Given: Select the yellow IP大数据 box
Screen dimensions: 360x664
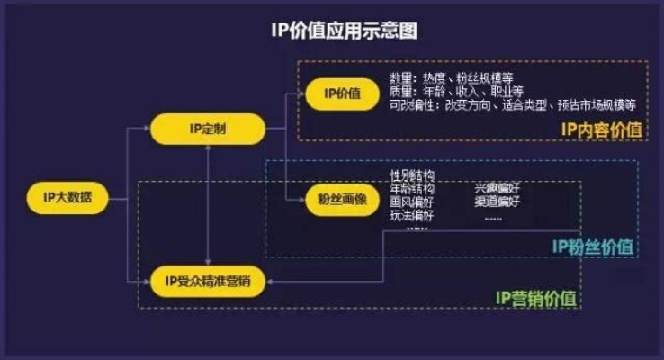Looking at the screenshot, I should click(x=74, y=197).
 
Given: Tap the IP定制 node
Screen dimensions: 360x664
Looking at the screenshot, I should click(x=208, y=130).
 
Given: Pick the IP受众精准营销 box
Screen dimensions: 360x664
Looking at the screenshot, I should click(x=208, y=281).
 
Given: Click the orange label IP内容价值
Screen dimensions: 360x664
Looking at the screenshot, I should click(x=602, y=128).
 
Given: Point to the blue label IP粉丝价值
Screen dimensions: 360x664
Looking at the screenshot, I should click(x=591, y=246).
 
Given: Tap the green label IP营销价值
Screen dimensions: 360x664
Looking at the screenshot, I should click(x=537, y=296).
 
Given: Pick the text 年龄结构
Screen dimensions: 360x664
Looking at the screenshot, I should click(x=412, y=189).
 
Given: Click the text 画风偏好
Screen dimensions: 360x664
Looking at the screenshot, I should click(x=412, y=202).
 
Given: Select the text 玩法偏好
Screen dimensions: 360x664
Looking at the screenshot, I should click(x=412, y=215).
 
